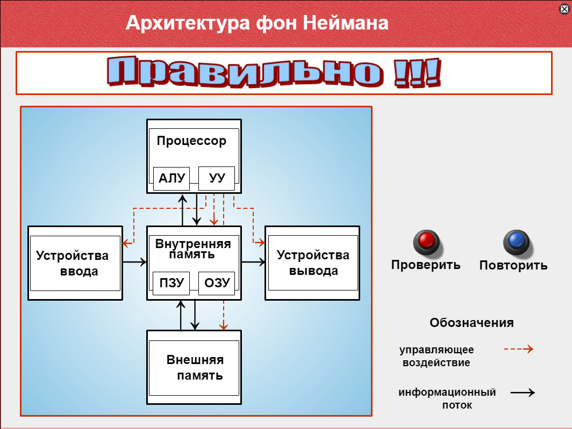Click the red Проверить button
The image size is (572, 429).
click(x=426, y=242)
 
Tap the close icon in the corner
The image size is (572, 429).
click(x=564, y=9)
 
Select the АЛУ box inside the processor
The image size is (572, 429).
click(x=171, y=179)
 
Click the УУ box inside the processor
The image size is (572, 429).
click(x=217, y=179)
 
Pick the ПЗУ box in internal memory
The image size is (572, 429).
click(x=171, y=283)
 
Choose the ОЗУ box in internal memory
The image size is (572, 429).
click(x=217, y=283)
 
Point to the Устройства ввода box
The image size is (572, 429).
click(x=75, y=263)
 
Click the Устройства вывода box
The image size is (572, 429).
click(x=312, y=263)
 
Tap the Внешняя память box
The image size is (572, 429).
click(x=194, y=367)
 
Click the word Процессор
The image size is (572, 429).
click(x=191, y=141)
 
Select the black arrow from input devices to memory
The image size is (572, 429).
click(x=134, y=261)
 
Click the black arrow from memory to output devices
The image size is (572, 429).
click(x=253, y=261)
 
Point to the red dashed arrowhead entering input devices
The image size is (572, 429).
click(x=126, y=243)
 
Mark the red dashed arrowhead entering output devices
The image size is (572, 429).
click(x=261, y=242)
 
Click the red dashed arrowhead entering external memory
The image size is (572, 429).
click(x=224, y=326)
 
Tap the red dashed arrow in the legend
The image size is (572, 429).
click(x=518, y=349)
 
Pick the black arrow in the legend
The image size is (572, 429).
click(x=523, y=392)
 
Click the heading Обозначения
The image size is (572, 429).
click(x=471, y=323)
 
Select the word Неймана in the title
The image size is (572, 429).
click(x=346, y=23)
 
